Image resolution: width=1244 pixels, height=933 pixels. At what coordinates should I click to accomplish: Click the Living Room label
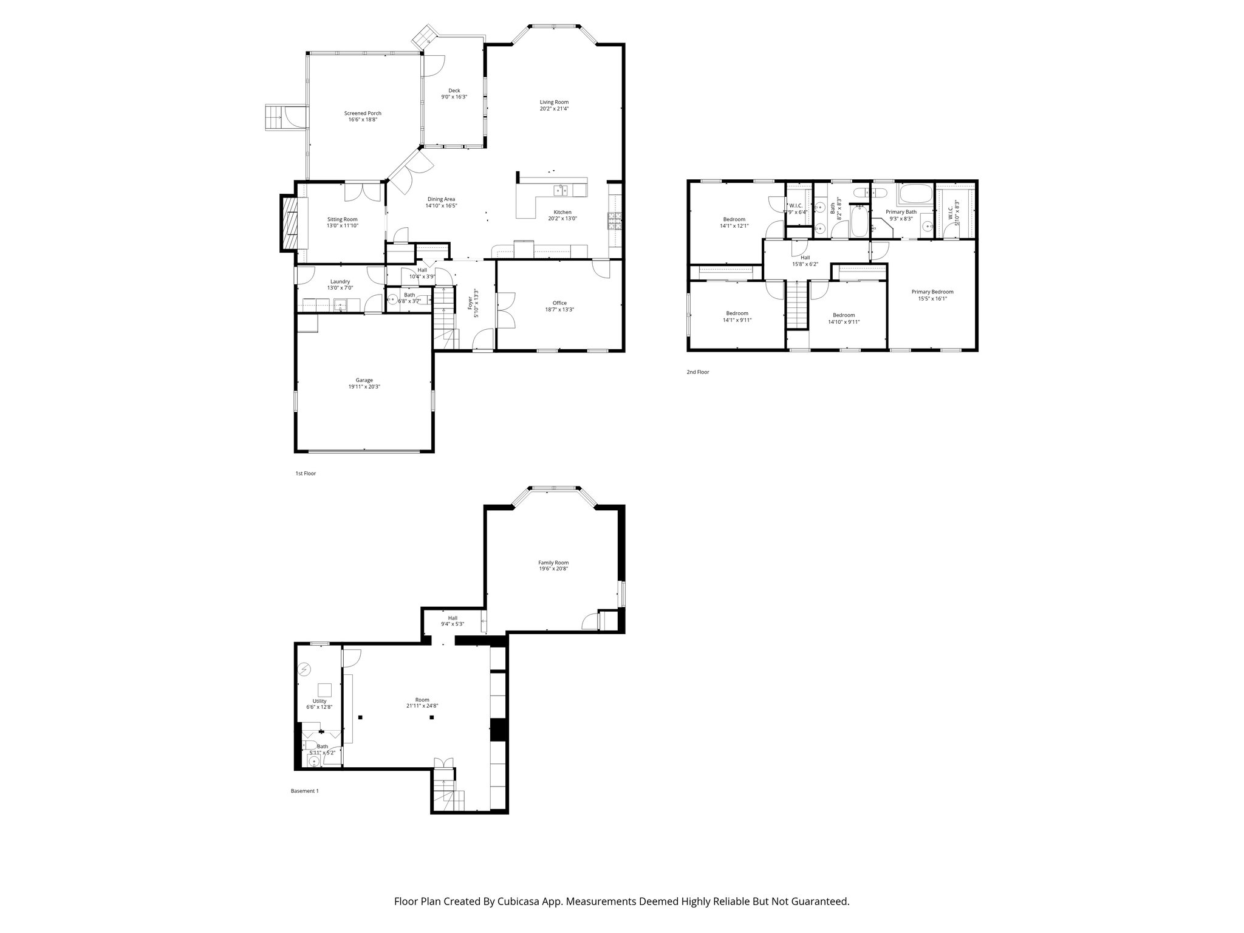pyautogui.click(x=554, y=102)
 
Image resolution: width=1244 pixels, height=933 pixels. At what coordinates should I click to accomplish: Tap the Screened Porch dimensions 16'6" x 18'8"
pyautogui.click(x=363, y=120)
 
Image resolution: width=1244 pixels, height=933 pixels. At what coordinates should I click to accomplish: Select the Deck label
pyautogui.click(x=454, y=91)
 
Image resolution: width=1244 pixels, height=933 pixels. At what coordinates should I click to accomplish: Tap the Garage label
pyautogui.click(x=364, y=380)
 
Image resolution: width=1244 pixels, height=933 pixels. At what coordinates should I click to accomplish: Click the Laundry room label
pyautogui.click(x=340, y=281)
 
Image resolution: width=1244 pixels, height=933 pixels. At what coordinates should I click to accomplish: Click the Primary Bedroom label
pyautogui.click(x=932, y=292)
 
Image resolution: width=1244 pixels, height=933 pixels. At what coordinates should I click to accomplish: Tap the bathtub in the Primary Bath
pyautogui.click(x=916, y=196)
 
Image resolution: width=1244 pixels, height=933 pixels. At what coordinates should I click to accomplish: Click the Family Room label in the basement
pyautogui.click(x=553, y=562)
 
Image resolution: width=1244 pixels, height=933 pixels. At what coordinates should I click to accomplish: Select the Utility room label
pyautogui.click(x=320, y=701)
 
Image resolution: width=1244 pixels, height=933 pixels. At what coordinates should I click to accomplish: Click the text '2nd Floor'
pyautogui.click(x=697, y=372)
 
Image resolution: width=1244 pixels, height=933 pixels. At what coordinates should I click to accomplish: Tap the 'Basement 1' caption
pyautogui.click(x=304, y=791)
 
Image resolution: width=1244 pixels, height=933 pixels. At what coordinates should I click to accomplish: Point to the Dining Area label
pyautogui.click(x=441, y=199)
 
